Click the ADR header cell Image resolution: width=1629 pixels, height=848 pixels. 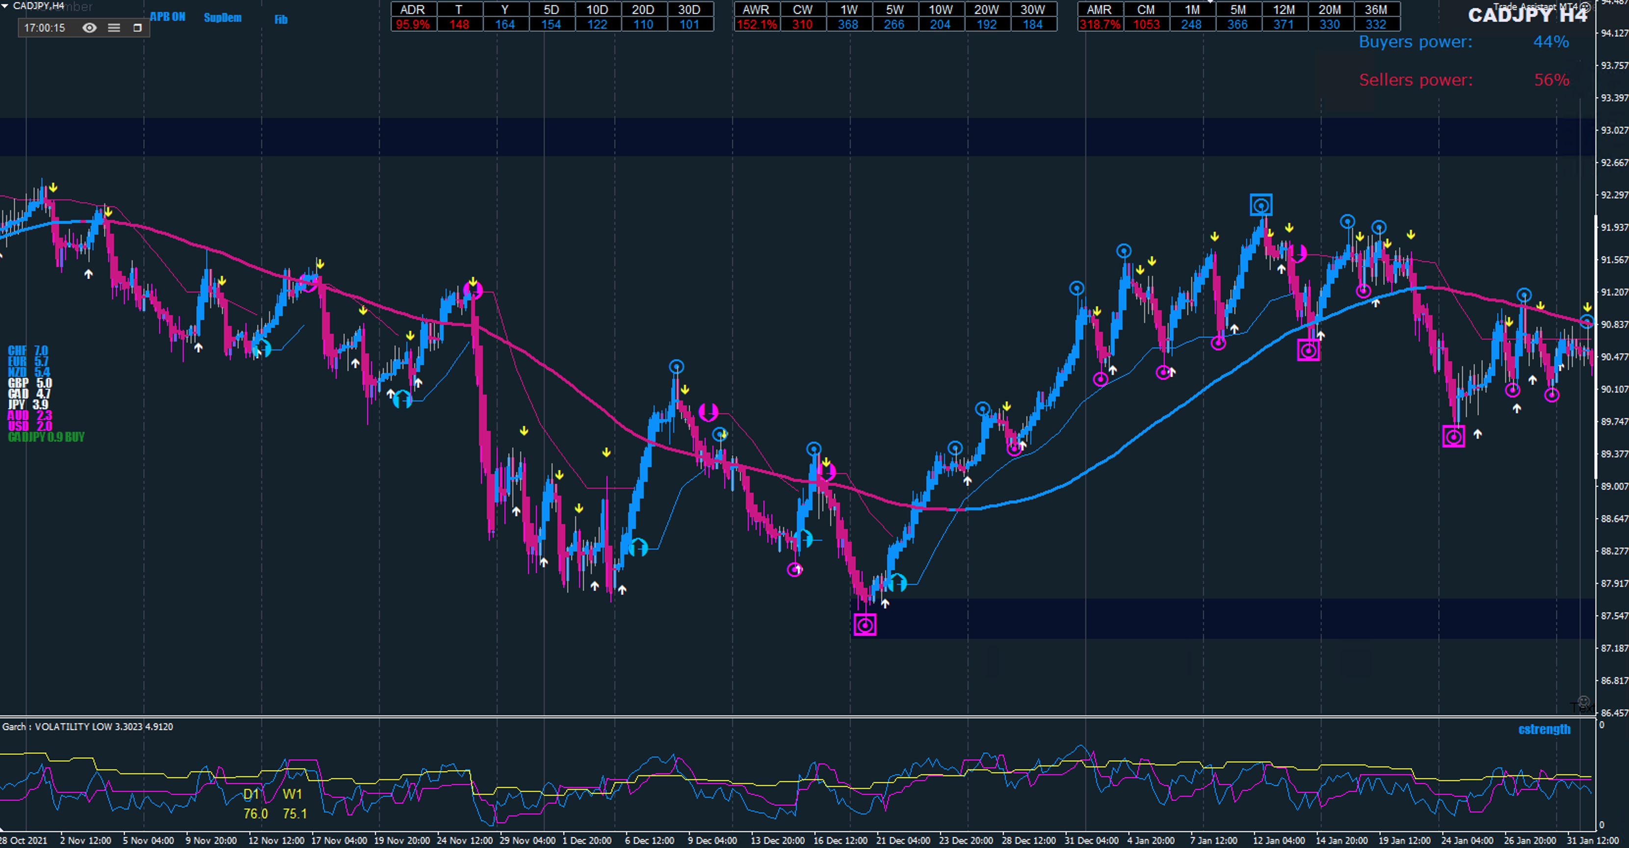[x=412, y=9]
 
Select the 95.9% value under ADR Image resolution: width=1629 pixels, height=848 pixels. [x=412, y=25]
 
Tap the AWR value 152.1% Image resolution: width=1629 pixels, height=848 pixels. [x=756, y=25]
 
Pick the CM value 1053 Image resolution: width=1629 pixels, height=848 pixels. [x=1146, y=25]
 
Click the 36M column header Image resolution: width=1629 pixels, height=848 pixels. [x=1375, y=9]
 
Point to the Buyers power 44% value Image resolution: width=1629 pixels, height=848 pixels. [x=1550, y=42]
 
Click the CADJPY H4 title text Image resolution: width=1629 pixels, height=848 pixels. [x=1527, y=15]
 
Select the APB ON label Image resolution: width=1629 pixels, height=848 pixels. [x=168, y=17]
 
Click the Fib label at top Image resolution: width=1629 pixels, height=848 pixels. [x=281, y=20]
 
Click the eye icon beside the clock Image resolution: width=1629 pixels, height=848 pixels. [x=90, y=28]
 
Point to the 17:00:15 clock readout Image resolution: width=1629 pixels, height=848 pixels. [x=44, y=28]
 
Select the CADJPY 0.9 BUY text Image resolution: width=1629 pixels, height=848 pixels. [x=46, y=437]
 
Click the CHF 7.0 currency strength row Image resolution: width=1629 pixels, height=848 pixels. [x=28, y=350]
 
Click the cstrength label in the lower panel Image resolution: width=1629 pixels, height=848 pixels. [x=1544, y=729]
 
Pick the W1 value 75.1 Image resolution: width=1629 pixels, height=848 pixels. [x=295, y=814]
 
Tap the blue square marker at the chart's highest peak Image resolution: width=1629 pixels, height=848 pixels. [x=1261, y=205]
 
